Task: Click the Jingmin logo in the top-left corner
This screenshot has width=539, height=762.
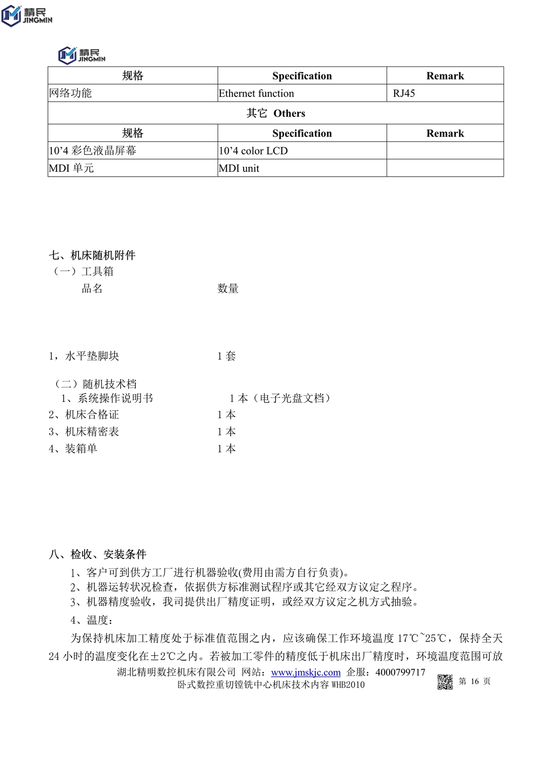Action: pos(27,15)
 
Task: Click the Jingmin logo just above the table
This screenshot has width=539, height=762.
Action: pos(82,55)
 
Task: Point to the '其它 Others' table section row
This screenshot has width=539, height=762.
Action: pos(275,113)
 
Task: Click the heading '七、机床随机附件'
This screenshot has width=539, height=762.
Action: pos(92,255)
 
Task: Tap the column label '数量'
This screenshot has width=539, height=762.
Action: pos(228,289)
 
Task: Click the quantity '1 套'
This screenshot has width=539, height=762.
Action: pos(226,356)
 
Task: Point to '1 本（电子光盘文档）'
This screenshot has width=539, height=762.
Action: pos(280,398)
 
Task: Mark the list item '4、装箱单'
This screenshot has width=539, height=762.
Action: pos(73,449)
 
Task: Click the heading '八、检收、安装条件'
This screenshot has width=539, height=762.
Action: pos(98,555)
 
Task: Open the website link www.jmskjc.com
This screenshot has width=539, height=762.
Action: pos(306,673)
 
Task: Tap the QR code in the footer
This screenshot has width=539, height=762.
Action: pos(445,682)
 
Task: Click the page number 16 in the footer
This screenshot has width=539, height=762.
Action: pos(474,682)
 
